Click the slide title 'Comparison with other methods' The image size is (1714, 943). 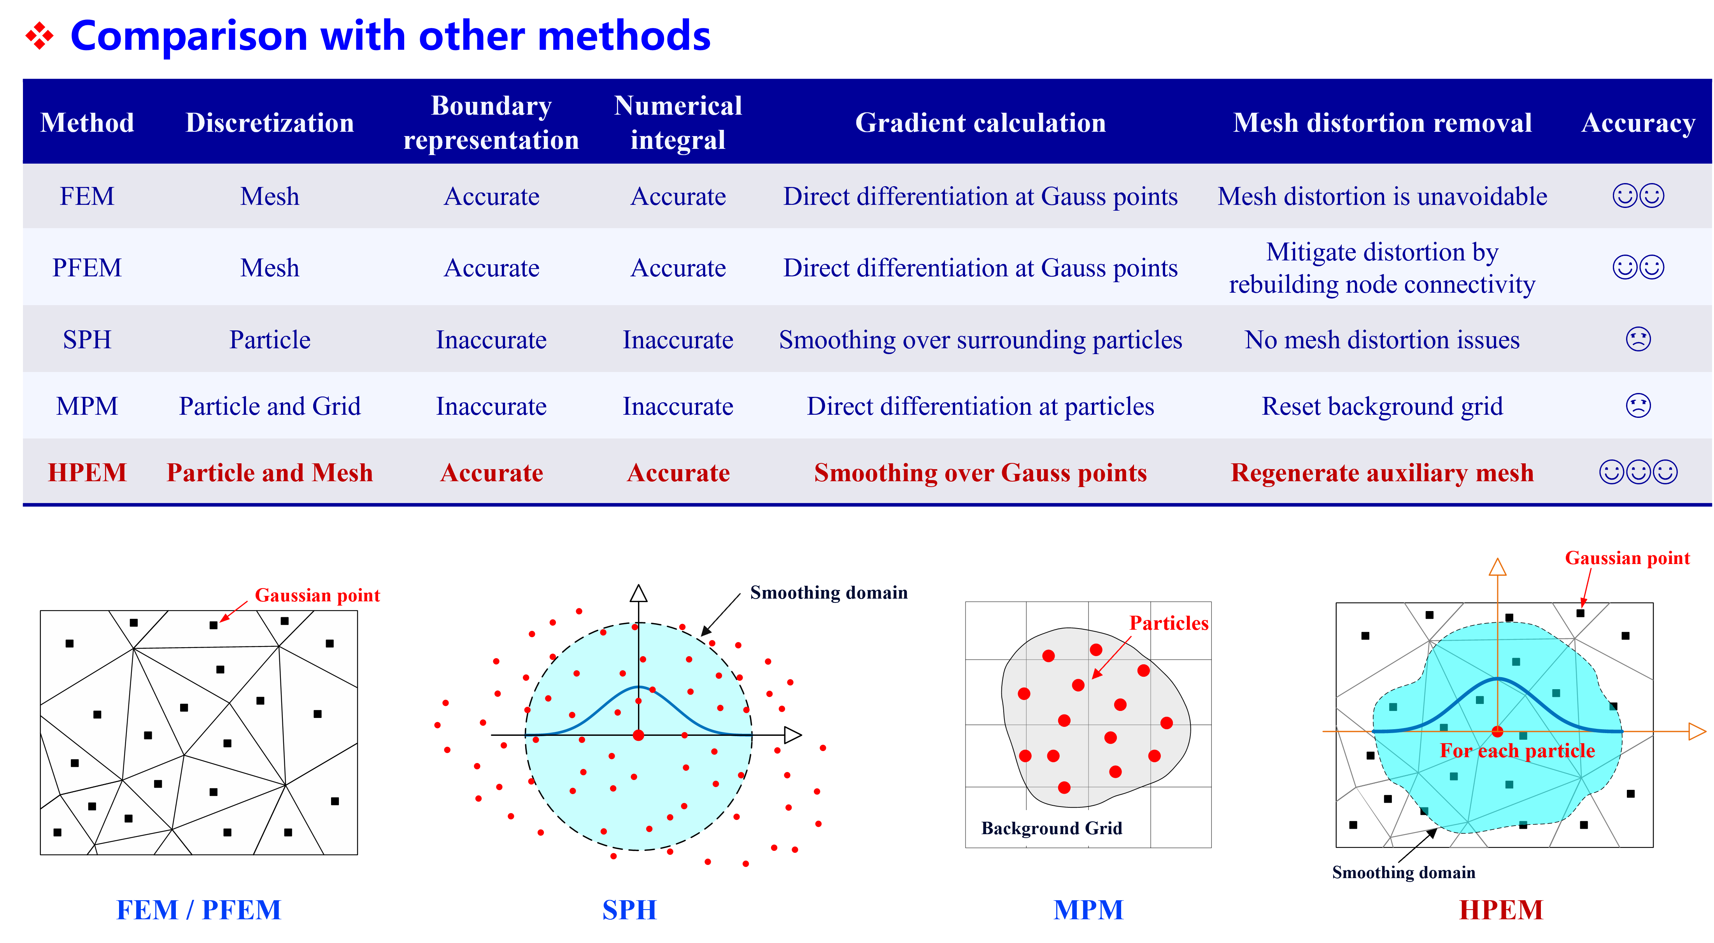click(391, 36)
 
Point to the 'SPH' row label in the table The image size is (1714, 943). click(87, 340)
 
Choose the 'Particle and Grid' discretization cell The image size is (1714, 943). click(270, 406)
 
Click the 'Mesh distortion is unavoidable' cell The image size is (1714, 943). click(1382, 197)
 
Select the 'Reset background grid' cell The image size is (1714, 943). click(1382, 406)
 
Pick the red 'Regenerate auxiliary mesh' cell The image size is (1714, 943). click(1382, 473)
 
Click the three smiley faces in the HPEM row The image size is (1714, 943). click(1638, 472)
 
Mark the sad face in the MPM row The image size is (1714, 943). click(1638, 406)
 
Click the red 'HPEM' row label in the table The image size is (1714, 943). click(87, 473)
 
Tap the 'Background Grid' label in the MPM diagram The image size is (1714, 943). click(1051, 828)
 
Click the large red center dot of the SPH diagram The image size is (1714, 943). click(638, 735)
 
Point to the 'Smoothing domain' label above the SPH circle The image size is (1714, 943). click(828, 592)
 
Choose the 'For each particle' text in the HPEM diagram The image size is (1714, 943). click(1517, 751)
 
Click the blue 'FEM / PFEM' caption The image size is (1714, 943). click(198, 910)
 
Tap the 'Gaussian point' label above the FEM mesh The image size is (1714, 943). click(317, 595)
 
